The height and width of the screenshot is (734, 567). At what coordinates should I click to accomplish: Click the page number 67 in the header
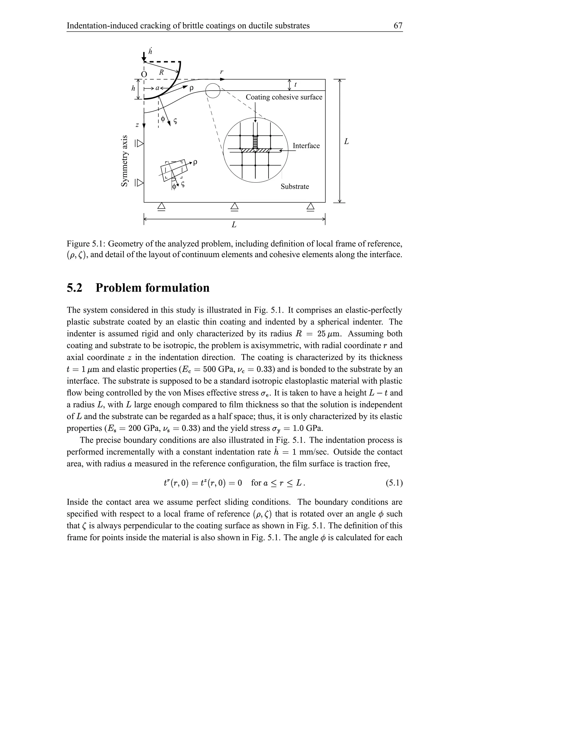[398, 25]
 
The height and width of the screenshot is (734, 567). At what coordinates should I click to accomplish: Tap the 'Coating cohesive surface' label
[284, 97]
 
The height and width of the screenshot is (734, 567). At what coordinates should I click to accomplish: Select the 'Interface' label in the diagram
[306, 145]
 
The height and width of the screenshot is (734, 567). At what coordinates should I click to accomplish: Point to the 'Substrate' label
[295, 186]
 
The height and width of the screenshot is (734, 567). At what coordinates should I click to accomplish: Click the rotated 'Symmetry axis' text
[125, 161]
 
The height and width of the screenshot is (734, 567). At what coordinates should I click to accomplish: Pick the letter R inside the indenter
[161, 72]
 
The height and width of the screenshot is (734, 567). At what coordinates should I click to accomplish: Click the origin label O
[144, 74]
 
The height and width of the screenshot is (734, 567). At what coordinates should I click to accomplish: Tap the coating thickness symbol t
[295, 85]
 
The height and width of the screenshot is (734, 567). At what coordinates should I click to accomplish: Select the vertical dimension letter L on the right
[346, 142]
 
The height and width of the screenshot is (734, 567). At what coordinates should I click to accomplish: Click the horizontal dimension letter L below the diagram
[234, 225]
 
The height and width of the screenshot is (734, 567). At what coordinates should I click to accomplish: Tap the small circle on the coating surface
[213, 91]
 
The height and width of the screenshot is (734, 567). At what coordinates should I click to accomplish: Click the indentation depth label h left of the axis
[133, 89]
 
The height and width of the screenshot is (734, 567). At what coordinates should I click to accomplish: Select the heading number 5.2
[74, 288]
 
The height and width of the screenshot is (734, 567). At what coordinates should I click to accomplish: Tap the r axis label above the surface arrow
[221, 71]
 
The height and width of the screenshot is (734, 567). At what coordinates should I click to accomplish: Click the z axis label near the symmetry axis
[137, 125]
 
